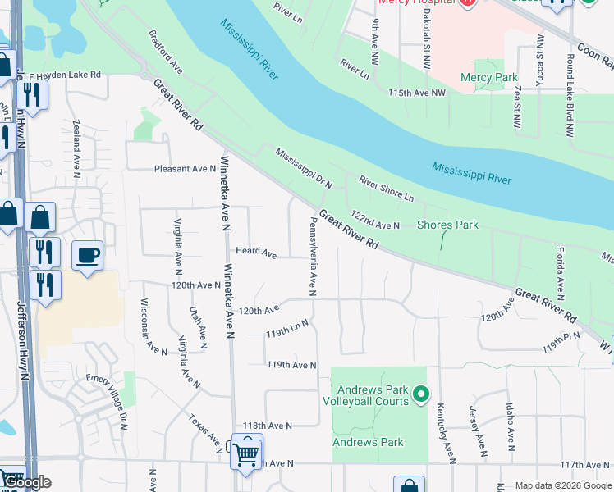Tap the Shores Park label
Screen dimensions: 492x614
(x=447, y=225)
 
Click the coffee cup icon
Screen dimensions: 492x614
(x=87, y=256)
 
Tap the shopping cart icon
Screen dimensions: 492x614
(x=246, y=452)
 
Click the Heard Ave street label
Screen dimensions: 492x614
(x=256, y=253)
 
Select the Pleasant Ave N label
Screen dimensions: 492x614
(x=185, y=169)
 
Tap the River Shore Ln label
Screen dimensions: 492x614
(x=385, y=188)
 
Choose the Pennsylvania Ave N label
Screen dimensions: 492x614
(x=312, y=256)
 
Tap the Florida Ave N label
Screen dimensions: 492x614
(x=561, y=271)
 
